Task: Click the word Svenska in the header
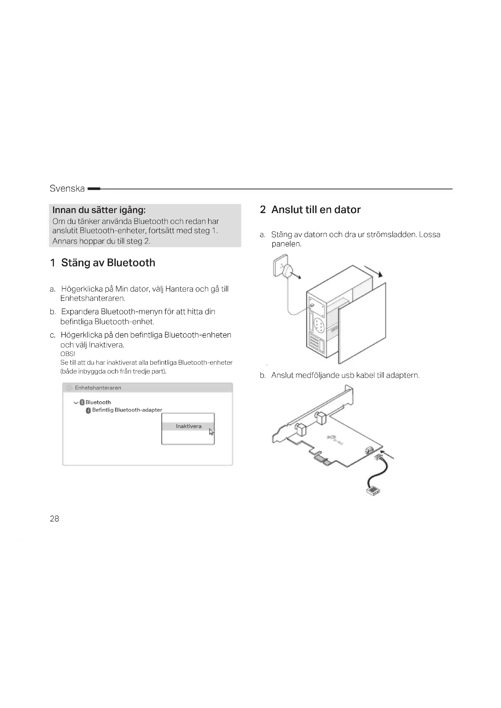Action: [x=67, y=188]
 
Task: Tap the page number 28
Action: [x=54, y=519]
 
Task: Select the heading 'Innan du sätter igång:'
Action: [x=99, y=210]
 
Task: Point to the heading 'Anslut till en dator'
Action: [x=316, y=210]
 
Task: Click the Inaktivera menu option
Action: [x=188, y=426]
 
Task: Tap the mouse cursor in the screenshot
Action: [x=211, y=432]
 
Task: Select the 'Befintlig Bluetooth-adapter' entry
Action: [x=127, y=410]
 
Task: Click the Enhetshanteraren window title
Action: [x=98, y=388]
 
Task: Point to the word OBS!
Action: [x=68, y=354]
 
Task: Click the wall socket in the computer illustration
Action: [x=280, y=265]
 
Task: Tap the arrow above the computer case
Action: [x=373, y=271]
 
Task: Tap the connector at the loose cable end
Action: [x=373, y=490]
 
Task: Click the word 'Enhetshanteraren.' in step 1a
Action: [x=93, y=298]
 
